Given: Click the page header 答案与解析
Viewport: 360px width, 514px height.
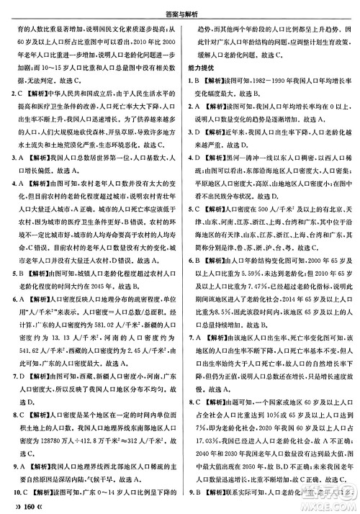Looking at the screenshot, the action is coord(180,8).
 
